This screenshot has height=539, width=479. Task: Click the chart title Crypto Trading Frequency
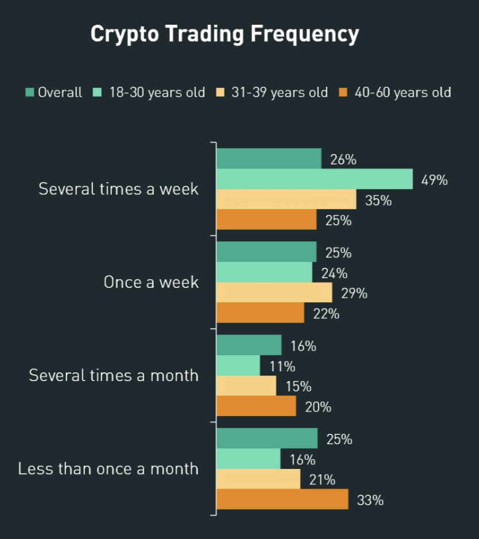225,34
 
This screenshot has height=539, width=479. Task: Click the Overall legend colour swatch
30,92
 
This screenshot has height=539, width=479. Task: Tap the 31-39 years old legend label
280,92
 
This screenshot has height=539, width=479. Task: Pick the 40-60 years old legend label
403,92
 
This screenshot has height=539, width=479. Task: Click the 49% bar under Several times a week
314,179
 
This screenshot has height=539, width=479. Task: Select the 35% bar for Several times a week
286,199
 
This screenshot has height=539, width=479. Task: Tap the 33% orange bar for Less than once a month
282,499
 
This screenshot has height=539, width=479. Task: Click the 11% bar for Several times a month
238,365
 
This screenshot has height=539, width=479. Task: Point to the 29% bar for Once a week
274,292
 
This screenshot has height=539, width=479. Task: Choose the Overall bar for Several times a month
249,345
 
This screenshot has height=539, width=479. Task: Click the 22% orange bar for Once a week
260,313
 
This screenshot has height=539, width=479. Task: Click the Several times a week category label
118,189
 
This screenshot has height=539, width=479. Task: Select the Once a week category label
151,282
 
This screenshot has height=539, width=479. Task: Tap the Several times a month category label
114,376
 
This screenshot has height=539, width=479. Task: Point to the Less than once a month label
108,469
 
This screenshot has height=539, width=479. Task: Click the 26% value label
343,160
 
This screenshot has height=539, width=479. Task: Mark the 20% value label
318,407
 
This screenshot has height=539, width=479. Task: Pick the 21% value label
322,479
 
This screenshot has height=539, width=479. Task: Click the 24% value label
334,274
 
